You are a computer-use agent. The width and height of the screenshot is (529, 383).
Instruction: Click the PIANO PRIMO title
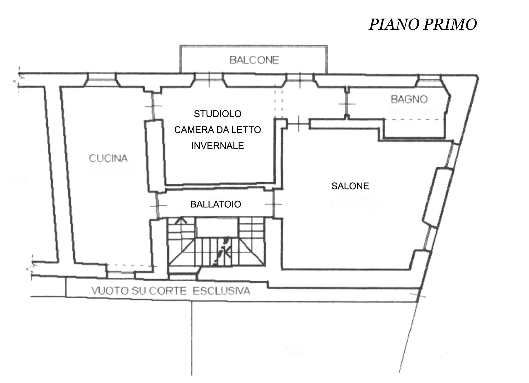tap(423, 24)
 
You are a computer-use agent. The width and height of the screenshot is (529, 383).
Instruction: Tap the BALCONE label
tap(254, 60)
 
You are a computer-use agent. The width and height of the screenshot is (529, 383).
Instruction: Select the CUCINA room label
tap(108, 158)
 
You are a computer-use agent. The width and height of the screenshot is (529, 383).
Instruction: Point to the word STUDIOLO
tap(217, 114)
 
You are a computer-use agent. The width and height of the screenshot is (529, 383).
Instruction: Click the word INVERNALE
tap(217, 146)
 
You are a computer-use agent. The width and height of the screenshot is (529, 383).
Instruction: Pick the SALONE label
tap(350, 186)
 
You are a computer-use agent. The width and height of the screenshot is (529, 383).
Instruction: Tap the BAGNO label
tap(409, 99)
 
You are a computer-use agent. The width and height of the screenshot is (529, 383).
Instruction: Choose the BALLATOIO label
tap(216, 204)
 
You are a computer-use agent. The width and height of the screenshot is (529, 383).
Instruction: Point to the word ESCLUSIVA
tap(221, 291)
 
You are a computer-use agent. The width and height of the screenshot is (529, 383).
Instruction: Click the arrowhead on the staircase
tap(181, 220)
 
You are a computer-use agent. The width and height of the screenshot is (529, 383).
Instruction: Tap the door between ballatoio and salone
tap(273, 204)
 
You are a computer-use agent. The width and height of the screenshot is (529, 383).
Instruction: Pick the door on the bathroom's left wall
tap(347, 104)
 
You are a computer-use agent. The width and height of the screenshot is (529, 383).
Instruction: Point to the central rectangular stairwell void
tap(217, 227)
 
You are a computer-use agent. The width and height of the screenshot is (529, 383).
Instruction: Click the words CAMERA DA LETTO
tap(217, 130)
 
